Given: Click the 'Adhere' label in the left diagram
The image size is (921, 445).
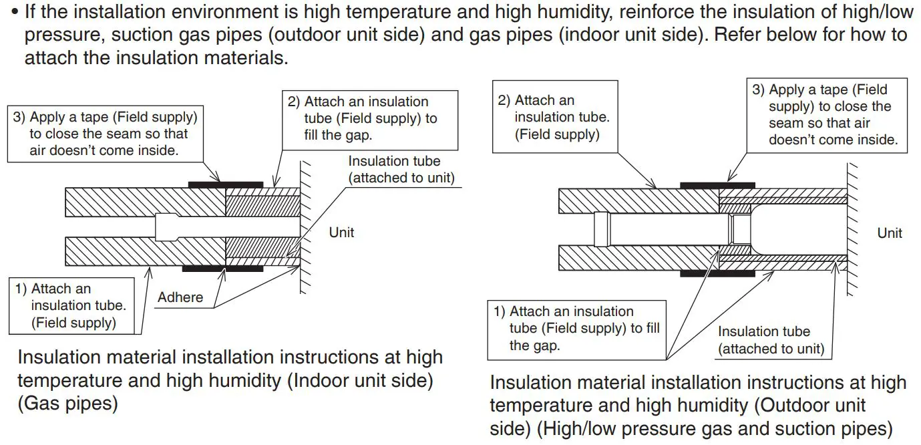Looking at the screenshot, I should (180, 297).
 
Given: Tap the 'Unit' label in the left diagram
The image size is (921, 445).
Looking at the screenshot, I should (341, 233).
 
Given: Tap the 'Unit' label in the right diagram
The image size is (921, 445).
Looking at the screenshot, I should (890, 233).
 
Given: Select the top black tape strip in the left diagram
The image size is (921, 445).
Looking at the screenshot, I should (226, 183).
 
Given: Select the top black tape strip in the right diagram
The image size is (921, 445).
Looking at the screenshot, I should (717, 185).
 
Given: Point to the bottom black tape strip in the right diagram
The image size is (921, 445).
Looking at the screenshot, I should (717, 273).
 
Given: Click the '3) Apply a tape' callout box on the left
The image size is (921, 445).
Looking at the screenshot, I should (106, 134).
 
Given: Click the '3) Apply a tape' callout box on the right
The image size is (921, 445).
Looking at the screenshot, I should (826, 114).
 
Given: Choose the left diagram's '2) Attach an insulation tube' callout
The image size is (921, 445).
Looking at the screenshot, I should (371, 118).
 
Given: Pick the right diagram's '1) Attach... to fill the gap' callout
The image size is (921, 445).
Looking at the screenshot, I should (576, 329).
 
